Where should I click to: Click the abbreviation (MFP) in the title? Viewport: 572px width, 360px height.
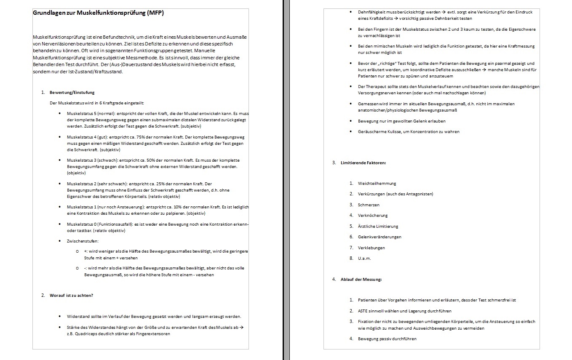pos(155,13)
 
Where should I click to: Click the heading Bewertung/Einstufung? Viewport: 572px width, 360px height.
pos(72,93)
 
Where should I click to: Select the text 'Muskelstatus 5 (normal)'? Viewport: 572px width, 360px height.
pos(91,114)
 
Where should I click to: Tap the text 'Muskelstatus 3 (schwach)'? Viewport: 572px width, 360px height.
pos(92,160)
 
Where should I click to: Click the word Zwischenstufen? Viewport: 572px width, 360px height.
pos(83,241)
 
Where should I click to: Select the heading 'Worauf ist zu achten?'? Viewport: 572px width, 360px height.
pos(71,295)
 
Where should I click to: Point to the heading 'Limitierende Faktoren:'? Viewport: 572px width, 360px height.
pos(363,163)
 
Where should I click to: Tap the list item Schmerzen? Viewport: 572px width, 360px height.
pos(369,205)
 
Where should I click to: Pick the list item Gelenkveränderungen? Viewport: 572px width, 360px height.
pos(380,237)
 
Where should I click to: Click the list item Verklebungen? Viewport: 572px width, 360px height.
pos(371,248)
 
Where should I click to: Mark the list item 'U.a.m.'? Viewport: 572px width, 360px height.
pos(364,259)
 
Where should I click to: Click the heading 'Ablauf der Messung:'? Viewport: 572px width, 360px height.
pos(361,279)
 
